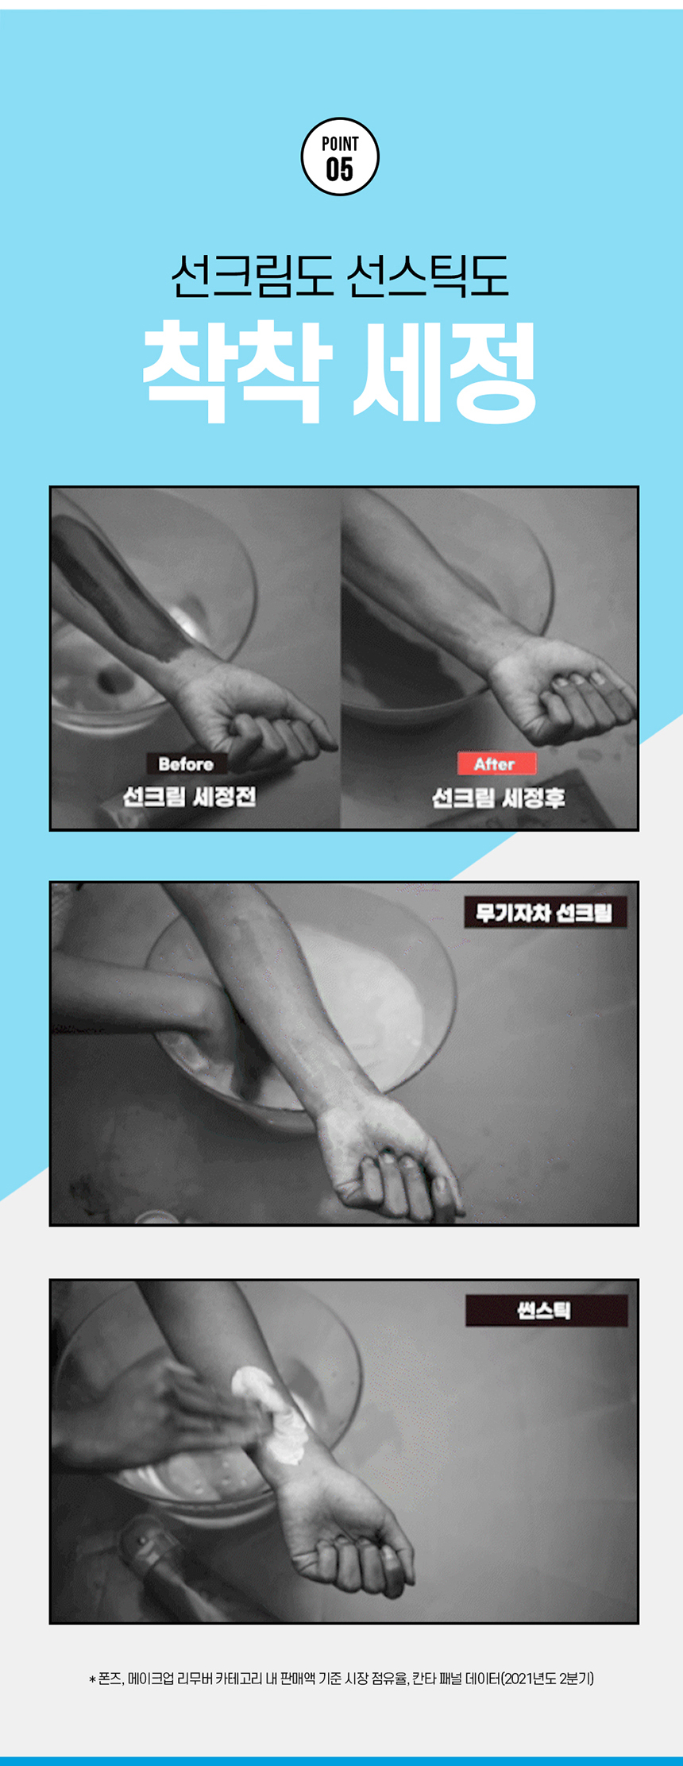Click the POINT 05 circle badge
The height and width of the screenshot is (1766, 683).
click(x=340, y=157)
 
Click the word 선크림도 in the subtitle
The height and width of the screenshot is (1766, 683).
click(x=252, y=276)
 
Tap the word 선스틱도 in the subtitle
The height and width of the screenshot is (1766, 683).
click(x=429, y=276)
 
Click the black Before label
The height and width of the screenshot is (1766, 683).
click(x=186, y=764)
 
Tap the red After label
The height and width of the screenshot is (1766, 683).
click(x=496, y=764)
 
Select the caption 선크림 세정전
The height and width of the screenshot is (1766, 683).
click(x=189, y=797)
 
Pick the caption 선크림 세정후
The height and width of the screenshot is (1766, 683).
click(x=498, y=797)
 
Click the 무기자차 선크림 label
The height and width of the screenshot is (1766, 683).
click(x=545, y=913)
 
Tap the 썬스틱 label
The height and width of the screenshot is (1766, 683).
click(x=546, y=1310)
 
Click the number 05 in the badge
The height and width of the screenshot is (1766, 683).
click(x=340, y=169)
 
